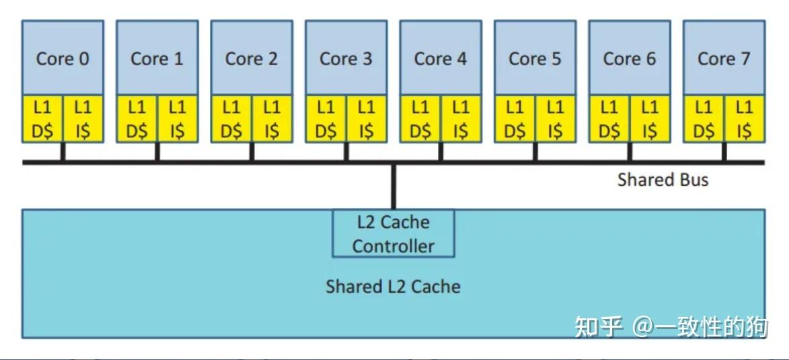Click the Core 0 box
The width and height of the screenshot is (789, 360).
[x=63, y=58]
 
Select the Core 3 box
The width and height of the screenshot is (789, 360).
[x=346, y=58]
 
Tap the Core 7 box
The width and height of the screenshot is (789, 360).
[x=724, y=58]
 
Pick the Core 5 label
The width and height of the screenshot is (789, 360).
[x=535, y=59]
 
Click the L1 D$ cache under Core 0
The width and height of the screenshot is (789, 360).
[x=42, y=118]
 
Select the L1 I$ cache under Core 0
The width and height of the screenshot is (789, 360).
[x=83, y=118]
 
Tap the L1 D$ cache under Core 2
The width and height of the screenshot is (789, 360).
[x=231, y=118]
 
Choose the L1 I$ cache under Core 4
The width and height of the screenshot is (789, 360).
[x=461, y=118]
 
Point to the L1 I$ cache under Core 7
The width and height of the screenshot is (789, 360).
[x=744, y=118]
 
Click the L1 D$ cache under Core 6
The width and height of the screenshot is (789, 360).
[x=609, y=118]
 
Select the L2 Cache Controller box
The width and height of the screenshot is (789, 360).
[x=393, y=233]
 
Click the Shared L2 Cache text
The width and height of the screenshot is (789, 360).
[x=393, y=287]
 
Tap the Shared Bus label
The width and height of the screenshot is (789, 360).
[x=663, y=180]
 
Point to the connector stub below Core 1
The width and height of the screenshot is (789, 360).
[x=157, y=151]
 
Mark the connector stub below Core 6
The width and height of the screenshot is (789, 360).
[x=630, y=151]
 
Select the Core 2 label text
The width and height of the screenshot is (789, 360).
[x=252, y=59]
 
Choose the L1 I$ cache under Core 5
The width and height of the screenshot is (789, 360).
[x=555, y=118]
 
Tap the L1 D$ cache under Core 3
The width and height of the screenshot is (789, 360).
[x=326, y=118]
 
